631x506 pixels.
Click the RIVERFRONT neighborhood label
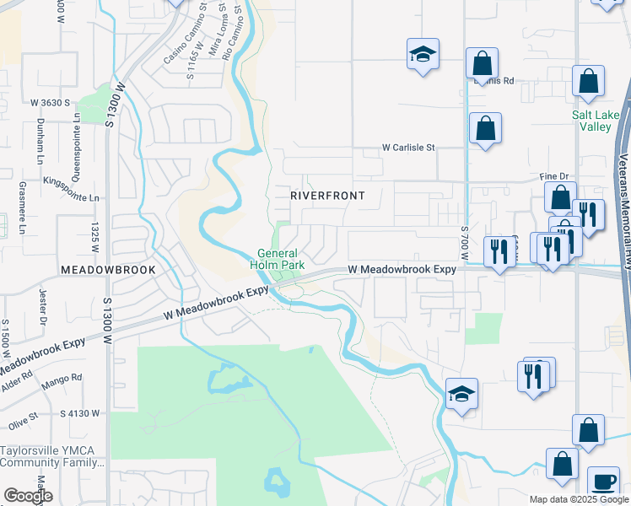[x=327, y=196]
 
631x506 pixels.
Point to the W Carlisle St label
[x=407, y=147]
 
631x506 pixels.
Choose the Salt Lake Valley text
[x=596, y=121]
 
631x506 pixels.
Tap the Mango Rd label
[x=65, y=378]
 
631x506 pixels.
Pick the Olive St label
[x=23, y=417]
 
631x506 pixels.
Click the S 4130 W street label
[x=80, y=413]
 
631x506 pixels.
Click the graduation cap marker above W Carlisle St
[x=423, y=54]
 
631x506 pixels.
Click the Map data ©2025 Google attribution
[x=579, y=499]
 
